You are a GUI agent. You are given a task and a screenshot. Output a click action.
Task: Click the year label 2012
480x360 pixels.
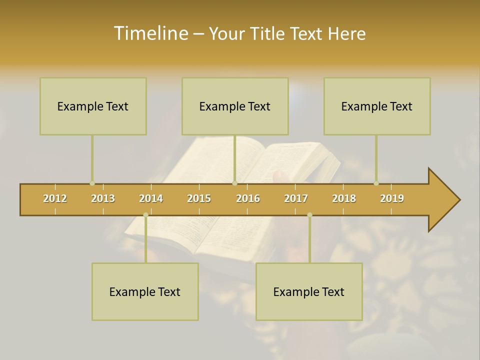[55, 198]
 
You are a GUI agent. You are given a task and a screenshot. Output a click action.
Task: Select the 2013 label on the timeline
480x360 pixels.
[103, 198]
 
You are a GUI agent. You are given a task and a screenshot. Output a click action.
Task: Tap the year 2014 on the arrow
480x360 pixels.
[151, 198]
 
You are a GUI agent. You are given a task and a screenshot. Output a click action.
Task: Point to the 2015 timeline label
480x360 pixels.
[199, 198]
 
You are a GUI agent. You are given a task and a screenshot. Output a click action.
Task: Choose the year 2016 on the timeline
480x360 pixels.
[248, 198]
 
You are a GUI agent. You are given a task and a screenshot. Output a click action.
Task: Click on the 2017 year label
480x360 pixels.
[296, 198]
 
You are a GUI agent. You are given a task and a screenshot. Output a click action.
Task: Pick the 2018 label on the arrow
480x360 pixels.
[344, 198]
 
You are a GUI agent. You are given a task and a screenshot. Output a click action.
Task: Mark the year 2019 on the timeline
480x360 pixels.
[392, 198]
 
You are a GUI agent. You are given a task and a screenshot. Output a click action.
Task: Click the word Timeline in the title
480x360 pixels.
[150, 33]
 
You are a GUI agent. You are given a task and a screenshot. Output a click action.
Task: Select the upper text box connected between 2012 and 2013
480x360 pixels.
[93, 106]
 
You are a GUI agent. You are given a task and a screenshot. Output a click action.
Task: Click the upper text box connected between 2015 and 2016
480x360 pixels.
[235, 106]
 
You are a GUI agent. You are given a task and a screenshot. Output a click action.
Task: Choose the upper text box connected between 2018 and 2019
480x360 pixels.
[377, 106]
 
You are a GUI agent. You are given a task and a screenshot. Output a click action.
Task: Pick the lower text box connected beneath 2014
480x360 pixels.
[145, 291]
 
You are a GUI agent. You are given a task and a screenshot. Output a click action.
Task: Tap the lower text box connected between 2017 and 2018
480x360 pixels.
[309, 291]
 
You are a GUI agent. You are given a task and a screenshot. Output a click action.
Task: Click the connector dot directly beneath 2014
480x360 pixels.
[145, 215]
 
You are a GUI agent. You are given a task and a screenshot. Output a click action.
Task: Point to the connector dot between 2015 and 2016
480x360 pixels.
[234, 183]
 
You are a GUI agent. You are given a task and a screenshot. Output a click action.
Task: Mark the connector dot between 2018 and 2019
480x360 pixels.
[376, 183]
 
